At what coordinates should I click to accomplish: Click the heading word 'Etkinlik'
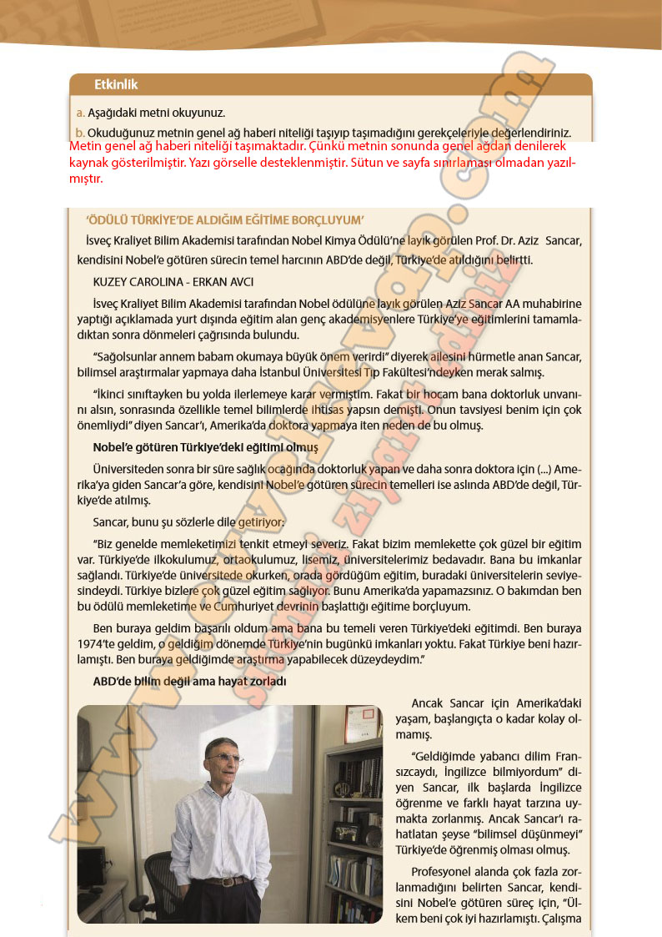point(116,85)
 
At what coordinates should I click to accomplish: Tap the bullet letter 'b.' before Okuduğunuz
point(81,133)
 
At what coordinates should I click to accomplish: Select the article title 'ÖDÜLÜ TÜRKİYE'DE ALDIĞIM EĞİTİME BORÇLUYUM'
point(225,220)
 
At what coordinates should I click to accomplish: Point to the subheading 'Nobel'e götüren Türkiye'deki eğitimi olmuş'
point(206,447)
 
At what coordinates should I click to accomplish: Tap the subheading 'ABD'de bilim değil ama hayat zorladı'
point(189,681)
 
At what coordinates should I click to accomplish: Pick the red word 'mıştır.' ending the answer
point(87,178)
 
